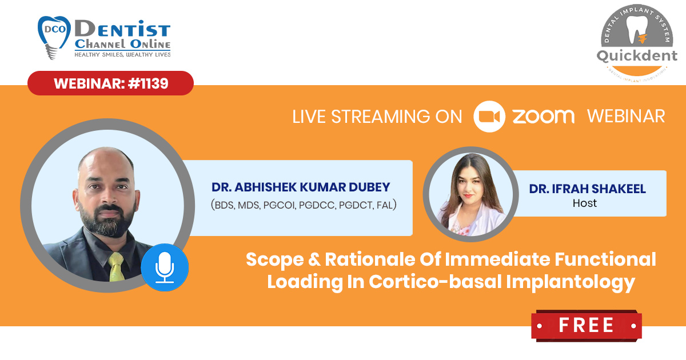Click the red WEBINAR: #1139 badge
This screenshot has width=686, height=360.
pos(110,83)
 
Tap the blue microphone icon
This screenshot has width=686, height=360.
pos(165,267)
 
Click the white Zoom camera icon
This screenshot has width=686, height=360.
pos(489,117)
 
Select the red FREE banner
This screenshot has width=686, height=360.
pos(587,325)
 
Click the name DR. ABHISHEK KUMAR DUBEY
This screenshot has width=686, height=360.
pos(301,187)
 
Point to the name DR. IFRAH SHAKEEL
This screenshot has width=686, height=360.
pos(588,189)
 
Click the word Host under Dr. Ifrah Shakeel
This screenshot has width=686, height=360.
pos(585,203)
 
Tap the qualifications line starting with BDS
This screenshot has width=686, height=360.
pos(304,205)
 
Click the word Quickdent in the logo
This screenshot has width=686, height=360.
pos(637,56)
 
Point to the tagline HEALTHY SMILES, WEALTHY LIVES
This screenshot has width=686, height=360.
pos(122,55)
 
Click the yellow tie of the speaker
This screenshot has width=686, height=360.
pos(116,267)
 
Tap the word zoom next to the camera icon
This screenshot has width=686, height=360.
pos(544,117)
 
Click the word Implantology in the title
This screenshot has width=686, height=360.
pos(571,282)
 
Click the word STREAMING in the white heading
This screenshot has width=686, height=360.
pos(381,117)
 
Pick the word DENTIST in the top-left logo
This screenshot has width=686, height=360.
pos(122,29)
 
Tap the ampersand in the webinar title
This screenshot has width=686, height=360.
pos(314,259)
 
